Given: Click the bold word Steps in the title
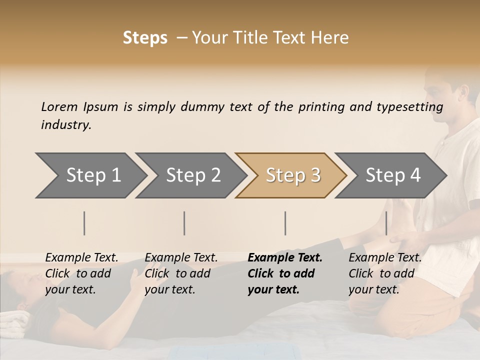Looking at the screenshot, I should [x=145, y=38].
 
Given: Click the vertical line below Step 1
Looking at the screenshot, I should [x=84, y=223].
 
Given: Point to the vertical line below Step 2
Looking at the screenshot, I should [x=184, y=223].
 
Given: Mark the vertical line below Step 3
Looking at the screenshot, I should [x=285, y=223].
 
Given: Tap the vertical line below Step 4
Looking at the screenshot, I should [x=386, y=223].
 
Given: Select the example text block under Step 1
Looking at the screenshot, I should [x=81, y=273].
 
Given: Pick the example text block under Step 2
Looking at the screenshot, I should [x=181, y=273].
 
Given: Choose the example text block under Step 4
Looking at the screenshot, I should [x=385, y=273].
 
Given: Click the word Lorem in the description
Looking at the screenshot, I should [x=59, y=107].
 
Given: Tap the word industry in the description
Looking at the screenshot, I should [x=66, y=125].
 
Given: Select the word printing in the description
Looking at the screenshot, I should [x=321, y=107].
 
